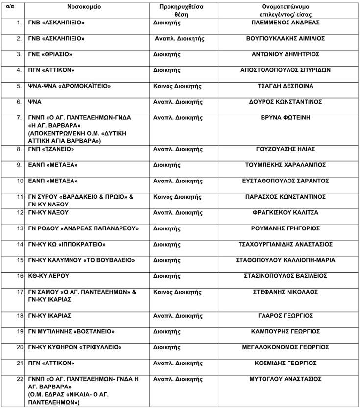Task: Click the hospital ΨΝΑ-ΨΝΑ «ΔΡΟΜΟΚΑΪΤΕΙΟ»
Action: pyautogui.click(x=70, y=86)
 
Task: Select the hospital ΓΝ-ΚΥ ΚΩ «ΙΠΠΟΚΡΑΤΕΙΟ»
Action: pyautogui.click(x=67, y=244)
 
